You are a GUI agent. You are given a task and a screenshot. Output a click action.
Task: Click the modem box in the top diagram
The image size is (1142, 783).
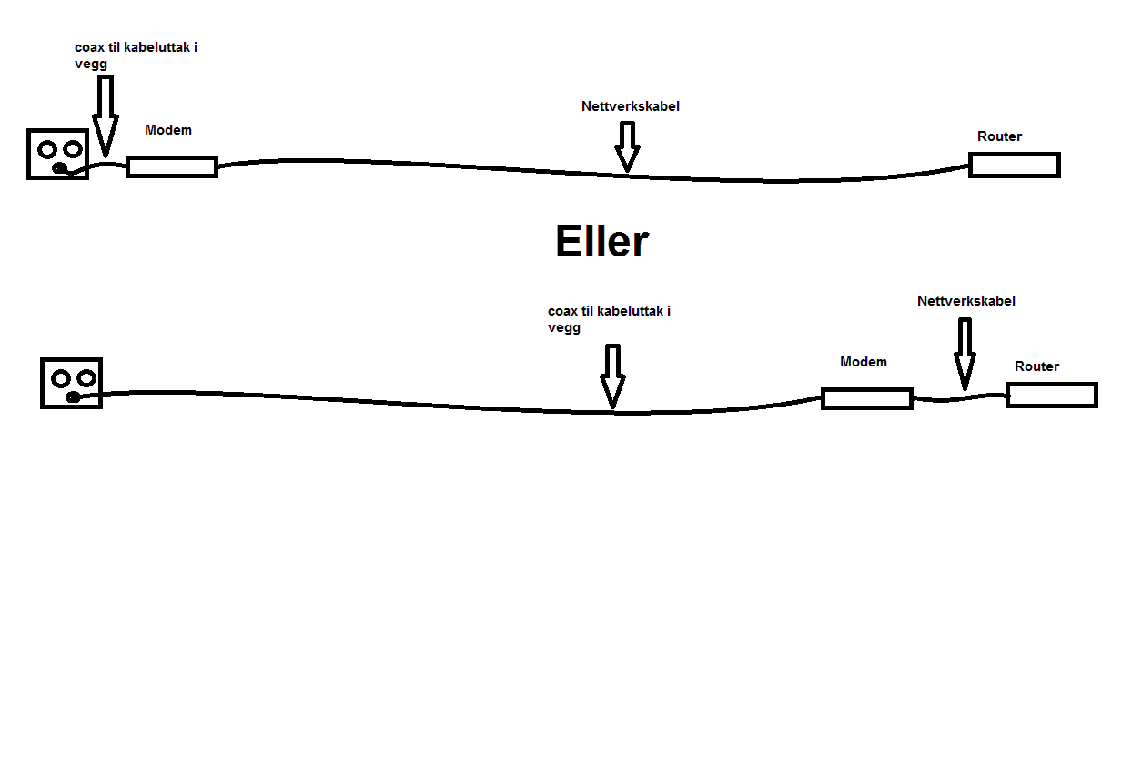click(172, 166)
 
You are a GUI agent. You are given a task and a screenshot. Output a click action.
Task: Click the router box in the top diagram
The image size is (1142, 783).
click(1015, 165)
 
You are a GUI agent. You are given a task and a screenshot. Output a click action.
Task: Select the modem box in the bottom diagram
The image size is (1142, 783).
click(867, 398)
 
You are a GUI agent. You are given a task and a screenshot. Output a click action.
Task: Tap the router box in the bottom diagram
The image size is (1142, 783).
click(1052, 395)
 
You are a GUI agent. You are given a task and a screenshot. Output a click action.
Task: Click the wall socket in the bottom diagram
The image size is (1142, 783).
click(72, 383)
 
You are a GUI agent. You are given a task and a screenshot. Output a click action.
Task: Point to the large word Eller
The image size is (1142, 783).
click(601, 242)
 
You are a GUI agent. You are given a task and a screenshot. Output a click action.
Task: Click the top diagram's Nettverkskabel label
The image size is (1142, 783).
click(631, 106)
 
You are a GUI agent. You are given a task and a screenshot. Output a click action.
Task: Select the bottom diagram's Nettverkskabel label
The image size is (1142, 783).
click(966, 301)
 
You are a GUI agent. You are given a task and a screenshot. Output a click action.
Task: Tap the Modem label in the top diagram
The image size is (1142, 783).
click(168, 130)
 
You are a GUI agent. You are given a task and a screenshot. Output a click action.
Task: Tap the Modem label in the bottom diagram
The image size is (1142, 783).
click(864, 362)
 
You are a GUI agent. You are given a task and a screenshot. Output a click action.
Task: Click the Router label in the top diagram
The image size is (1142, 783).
click(1000, 136)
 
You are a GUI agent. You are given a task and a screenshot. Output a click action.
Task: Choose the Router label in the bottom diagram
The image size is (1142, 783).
click(1037, 366)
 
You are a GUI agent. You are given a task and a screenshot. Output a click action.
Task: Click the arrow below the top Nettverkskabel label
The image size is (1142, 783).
click(626, 146)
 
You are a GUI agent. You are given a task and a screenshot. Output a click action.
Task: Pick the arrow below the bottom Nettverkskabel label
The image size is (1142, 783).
click(965, 354)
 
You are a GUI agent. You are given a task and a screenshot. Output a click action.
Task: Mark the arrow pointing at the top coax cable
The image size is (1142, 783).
click(106, 115)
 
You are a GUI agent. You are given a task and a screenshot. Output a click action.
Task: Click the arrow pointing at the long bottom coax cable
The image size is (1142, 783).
click(613, 376)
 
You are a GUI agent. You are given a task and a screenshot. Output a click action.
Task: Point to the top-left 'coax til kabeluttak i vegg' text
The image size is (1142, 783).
click(136, 55)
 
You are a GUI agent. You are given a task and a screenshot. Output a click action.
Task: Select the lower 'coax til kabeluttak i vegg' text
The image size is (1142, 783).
click(609, 319)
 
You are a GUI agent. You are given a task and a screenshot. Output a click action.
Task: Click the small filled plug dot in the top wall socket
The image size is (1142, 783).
click(58, 168)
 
